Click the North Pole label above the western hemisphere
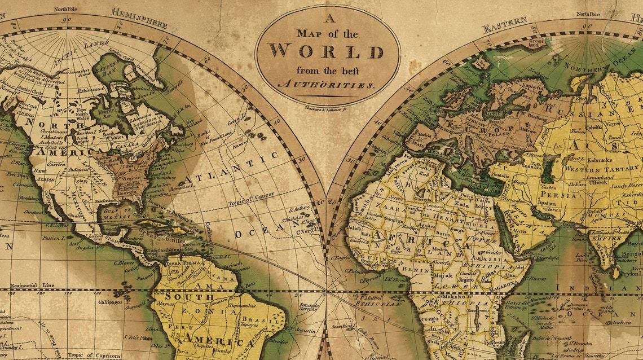click(67, 9)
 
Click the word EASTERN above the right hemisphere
click(504, 24)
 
